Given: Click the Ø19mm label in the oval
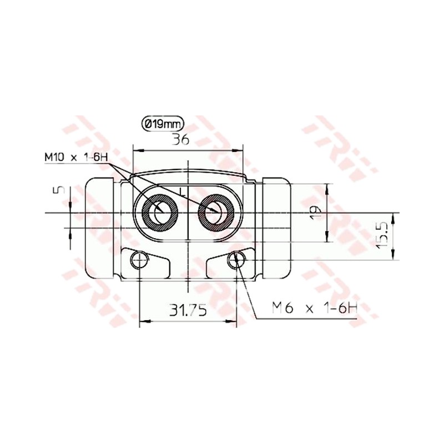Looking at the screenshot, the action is click(x=163, y=124).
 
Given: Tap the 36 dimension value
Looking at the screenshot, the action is click(x=181, y=139).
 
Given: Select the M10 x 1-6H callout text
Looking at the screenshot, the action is click(x=77, y=157).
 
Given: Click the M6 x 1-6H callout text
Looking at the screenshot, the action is click(x=315, y=308).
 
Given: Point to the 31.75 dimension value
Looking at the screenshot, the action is click(x=188, y=310).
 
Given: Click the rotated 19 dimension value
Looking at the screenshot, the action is click(x=315, y=213).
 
